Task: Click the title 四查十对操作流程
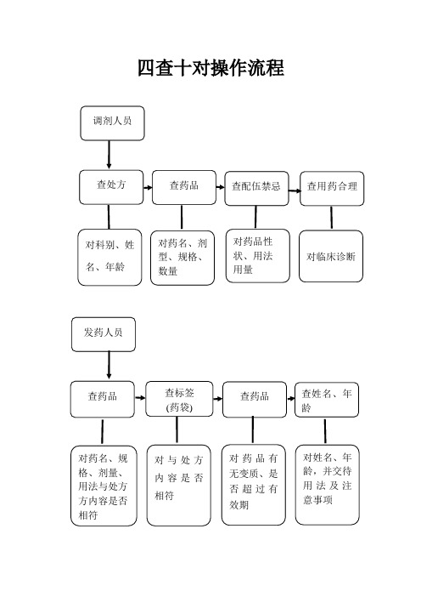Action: pos(210,68)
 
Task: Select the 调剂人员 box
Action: pos(112,123)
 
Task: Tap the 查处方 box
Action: pos(111,187)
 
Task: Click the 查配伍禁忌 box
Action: pos(256,189)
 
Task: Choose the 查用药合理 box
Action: pos(332,189)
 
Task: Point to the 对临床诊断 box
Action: pos(331,256)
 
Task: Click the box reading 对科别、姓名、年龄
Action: pos(109,257)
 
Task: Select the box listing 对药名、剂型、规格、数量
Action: pos(182,258)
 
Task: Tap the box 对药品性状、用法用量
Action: pos(258,256)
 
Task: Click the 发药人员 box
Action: pos(104,334)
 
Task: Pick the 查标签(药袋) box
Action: pos(179,399)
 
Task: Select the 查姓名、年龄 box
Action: pos(327,400)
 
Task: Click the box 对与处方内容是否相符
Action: pos(178,486)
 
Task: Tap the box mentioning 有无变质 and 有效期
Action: pos(254,485)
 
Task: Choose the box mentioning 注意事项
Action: pos(327,485)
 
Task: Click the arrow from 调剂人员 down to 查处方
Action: pos(109,155)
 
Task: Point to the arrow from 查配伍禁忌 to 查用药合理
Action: pos(295,190)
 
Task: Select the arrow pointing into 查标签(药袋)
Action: pos(140,398)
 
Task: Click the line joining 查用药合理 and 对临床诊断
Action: pos(331,218)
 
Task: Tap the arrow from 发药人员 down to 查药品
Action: pos(109,365)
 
